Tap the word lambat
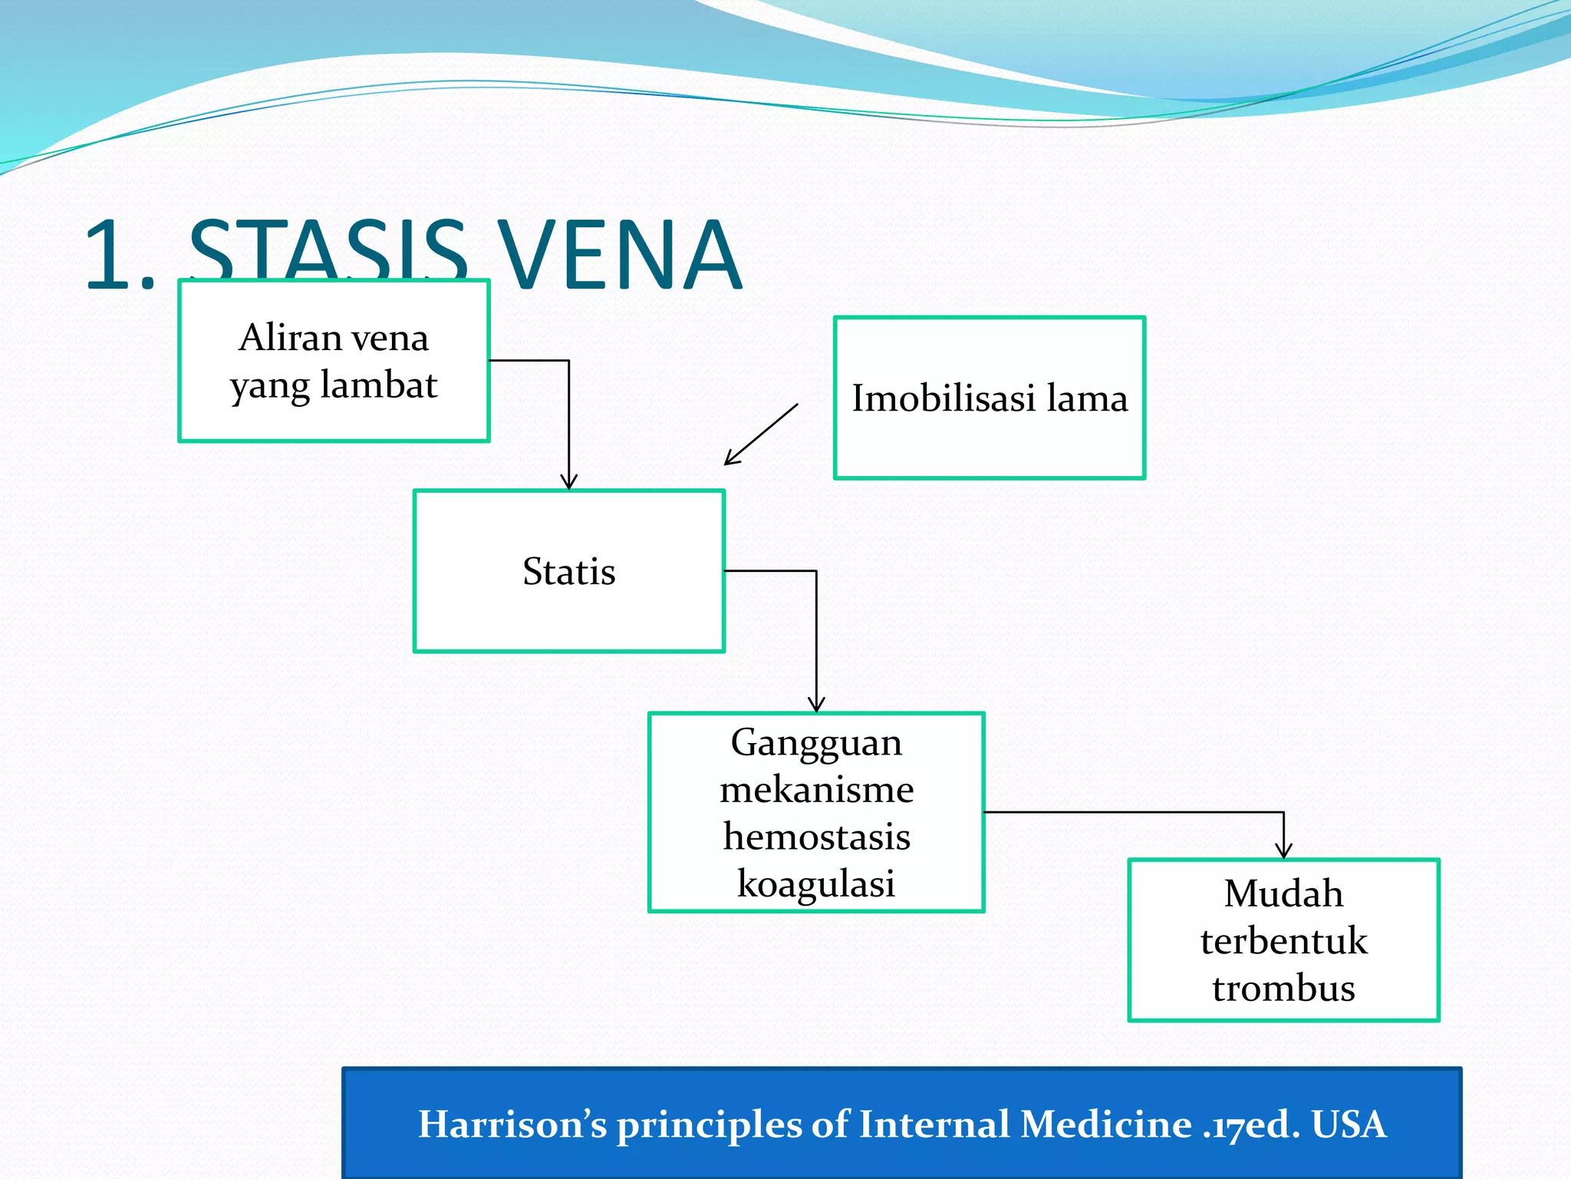[x=379, y=385]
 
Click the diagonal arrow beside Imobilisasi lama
[x=761, y=434]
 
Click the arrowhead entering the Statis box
[x=568, y=482]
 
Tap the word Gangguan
[x=816, y=743]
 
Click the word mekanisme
[x=816, y=790]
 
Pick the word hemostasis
[x=816, y=837]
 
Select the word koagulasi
[x=816, y=883]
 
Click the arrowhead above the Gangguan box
[x=816, y=704]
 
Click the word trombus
[x=1283, y=989]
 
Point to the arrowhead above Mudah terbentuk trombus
[x=1283, y=850]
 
